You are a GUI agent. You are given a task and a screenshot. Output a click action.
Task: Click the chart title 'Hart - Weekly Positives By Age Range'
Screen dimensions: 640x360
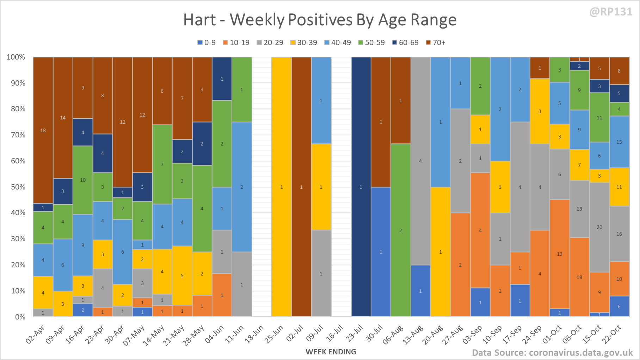(320, 20)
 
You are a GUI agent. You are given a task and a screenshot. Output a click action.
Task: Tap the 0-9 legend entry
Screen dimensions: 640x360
(207, 43)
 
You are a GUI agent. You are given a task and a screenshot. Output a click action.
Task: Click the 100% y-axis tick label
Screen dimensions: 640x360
(16, 57)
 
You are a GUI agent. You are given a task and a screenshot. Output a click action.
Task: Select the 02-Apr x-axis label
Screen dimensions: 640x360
(35, 334)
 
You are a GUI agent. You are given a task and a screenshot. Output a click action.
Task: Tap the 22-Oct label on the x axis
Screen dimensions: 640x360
(611, 334)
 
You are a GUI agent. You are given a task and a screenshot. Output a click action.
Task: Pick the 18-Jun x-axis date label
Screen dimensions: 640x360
(254, 334)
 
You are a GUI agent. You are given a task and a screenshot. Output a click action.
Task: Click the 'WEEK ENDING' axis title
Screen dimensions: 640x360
(331, 352)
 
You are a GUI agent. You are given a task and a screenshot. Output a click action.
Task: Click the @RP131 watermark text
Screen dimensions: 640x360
(611, 12)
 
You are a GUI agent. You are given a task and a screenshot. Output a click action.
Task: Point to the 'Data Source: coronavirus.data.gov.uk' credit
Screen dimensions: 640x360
(552, 353)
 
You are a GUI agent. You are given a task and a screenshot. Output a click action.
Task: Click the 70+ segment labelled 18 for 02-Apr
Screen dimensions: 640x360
(43, 130)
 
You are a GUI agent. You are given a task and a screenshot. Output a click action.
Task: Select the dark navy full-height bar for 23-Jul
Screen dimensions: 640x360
(361, 187)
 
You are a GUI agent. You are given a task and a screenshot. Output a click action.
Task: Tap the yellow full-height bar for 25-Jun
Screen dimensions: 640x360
(281, 187)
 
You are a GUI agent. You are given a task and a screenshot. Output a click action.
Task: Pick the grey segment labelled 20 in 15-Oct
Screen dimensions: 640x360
(599, 227)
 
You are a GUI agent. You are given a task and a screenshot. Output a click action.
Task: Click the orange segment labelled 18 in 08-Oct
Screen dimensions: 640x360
(579, 277)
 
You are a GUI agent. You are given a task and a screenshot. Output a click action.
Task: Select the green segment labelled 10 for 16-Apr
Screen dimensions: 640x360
(83, 180)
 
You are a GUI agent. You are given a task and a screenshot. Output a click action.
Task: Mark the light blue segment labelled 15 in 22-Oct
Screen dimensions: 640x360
(619, 142)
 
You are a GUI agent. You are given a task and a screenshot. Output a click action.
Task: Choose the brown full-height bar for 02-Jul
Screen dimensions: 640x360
(301, 187)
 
